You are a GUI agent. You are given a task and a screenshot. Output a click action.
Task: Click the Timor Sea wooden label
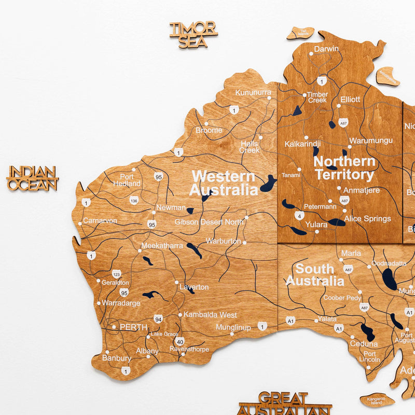pyautogui.click(x=193, y=34)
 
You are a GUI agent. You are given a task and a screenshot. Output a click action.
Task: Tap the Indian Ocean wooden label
pyautogui.click(x=32, y=178)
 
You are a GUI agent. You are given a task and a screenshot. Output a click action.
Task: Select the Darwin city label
pyautogui.click(x=326, y=49)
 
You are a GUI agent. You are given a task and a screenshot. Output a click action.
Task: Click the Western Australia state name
pyautogui.click(x=223, y=183)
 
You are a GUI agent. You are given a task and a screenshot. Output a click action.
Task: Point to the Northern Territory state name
pyautogui.click(x=344, y=168)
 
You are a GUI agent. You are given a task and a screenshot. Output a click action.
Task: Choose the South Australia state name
pyautogui.click(x=315, y=275)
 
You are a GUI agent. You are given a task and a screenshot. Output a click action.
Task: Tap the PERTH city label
pyautogui.click(x=133, y=327)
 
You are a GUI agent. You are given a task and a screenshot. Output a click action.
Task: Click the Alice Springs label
pyautogui.click(x=367, y=218)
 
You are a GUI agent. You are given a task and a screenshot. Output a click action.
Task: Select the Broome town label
pyautogui.click(x=209, y=130)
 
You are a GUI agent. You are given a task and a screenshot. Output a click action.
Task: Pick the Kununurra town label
pyautogui.click(x=253, y=92)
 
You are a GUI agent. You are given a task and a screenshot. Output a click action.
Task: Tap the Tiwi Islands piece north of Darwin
pyautogui.click(x=301, y=33)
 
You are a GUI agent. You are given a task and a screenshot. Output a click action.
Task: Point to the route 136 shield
pyautogui.click(x=134, y=200)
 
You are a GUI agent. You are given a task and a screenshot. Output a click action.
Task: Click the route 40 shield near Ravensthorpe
pyautogui.click(x=179, y=341)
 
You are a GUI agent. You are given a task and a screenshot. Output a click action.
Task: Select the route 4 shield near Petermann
pyautogui.click(x=298, y=215)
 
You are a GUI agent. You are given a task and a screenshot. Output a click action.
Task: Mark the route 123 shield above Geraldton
pyautogui.click(x=116, y=273)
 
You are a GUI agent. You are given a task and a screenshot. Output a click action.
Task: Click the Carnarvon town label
pyautogui.click(x=100, y=220)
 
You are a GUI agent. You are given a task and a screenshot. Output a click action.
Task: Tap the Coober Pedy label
pyautogui.click(x=342, y=298)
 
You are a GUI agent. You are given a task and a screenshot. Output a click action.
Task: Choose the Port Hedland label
pyautogui.click(x=127, y=180)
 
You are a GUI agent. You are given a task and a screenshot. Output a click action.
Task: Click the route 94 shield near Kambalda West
pyautogui.click(x=157, y=319)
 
